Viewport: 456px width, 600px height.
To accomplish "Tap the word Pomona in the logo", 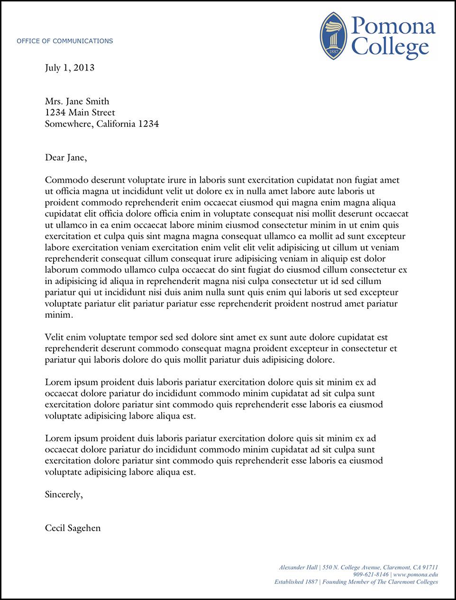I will point(393,26).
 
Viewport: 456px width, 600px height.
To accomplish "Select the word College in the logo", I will point(391,47).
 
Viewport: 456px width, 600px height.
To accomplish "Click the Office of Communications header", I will point(64,41).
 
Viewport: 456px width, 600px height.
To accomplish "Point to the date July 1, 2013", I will point(70,68).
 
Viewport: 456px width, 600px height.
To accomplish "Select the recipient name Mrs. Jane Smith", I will point(77,101).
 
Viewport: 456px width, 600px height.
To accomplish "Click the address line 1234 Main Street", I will point(80,113).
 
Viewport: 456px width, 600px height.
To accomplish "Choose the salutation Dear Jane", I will point(66,158).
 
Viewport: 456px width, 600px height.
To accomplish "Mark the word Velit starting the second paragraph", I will point(55,338).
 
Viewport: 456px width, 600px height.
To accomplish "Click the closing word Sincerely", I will point(64,494).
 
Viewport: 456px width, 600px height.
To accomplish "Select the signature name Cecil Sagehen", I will point(73,528).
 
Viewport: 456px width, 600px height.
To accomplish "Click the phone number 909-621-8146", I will point(371,574).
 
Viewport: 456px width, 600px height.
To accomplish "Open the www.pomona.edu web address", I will point(415,574).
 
